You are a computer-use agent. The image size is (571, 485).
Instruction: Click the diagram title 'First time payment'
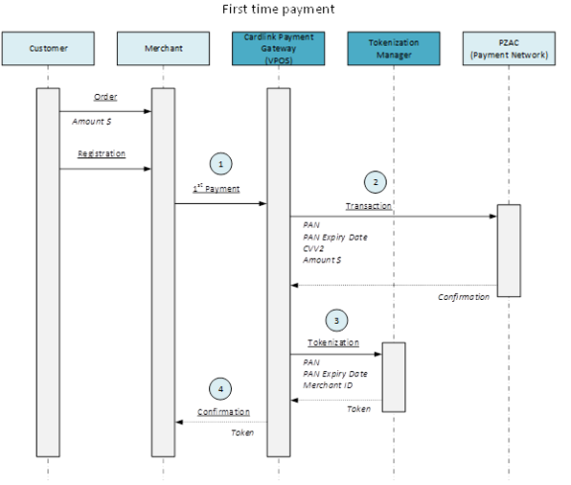click(x=279, y=10)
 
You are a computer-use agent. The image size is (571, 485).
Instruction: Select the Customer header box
click(x=49, y=48)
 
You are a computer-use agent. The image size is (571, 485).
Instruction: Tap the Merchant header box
click(x=163, y=48)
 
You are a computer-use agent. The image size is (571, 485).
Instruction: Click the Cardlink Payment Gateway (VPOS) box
click(x=279, y=48)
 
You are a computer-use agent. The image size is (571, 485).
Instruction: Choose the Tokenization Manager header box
click(x=394, y=48)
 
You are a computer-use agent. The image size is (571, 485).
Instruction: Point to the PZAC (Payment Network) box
click(x=508, y=48)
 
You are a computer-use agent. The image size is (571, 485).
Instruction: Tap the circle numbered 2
click(x=374, y=182)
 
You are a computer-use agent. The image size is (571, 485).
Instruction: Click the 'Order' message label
click(x=105, y=97)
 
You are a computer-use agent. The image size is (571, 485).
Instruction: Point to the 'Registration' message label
click(x=102, y=154)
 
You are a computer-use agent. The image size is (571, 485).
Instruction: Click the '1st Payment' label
click(x=216, y=188)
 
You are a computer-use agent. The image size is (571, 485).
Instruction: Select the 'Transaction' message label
click(x=368, y=205)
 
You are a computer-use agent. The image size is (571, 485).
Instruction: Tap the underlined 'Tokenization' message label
click(x=331, y=342)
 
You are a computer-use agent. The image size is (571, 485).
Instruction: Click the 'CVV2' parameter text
click(x=313, y=247)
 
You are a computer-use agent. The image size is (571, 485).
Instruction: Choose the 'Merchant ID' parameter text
click(x=326, y=385)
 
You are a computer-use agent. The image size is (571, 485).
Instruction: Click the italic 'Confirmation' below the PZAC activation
click(x=464, y=296)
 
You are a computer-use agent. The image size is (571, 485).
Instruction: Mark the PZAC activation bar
click(x=508, y=249)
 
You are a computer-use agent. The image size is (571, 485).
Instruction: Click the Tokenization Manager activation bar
click(x=394, y=376)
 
